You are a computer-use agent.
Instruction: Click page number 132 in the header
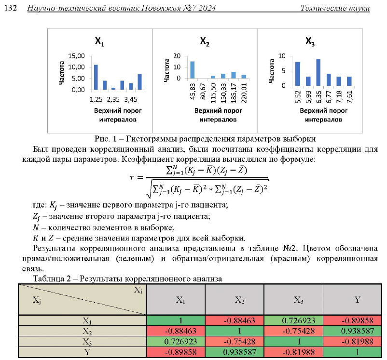tap(10, 8)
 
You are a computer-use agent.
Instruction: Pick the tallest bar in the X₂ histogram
tap(193, 69)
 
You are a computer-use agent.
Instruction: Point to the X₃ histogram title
tap(310, 42)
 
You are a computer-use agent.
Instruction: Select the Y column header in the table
tap(357, 300)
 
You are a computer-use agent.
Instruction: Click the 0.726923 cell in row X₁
tap(293, 320)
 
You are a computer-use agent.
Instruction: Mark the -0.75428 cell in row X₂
tap(293, 331)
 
